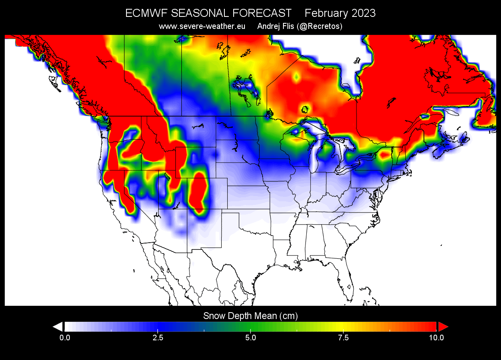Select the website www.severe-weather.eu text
pyautogui.click(x=202, y=27)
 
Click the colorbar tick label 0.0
pyautogui.click(x=64, y=337)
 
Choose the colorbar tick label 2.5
pyautogui.click(x=158, y=337)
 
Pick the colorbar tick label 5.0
pyautogui.click(x=250, y=337)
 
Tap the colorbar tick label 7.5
pyautogui.click(x=344, y=337)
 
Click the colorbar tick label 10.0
pyautogui.click(x=436, y=337)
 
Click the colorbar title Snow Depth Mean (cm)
pyautogui.click(x=250, y=316)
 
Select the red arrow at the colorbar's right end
pyautogui.click(x=442, y=326)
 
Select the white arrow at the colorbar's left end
pyautogui.click(x=58, y=326)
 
